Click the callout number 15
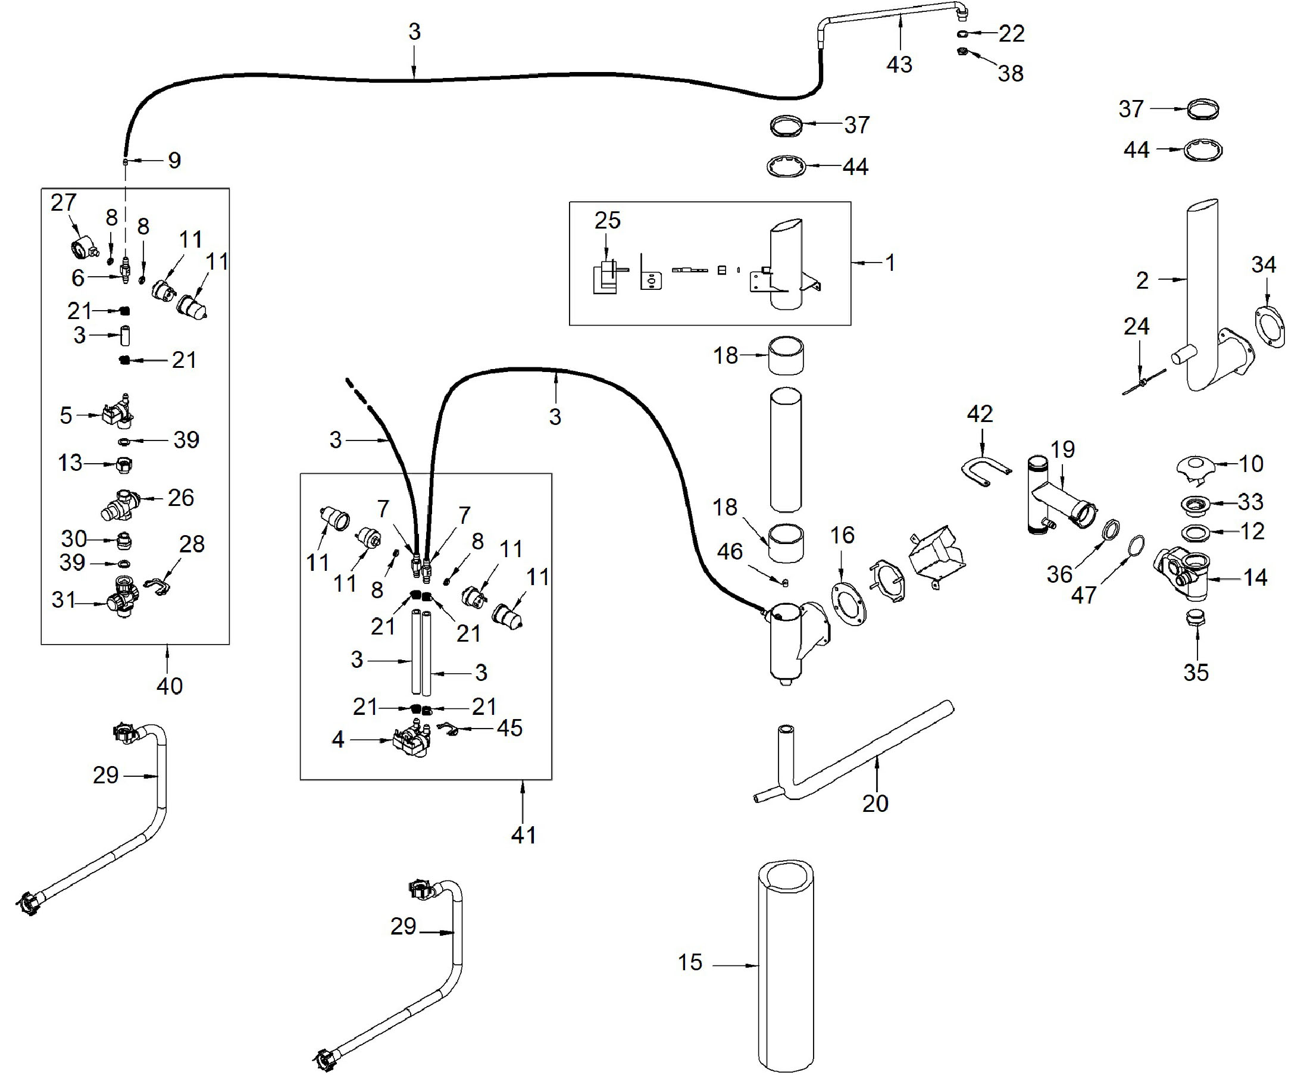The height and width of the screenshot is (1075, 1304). pos(690,962)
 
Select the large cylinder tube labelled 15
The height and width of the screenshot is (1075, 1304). pos(786,966)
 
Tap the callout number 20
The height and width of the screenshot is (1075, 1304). pos(875,803)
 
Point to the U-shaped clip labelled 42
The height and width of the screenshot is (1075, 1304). pos(985,471)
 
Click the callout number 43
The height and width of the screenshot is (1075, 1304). pos(899,64)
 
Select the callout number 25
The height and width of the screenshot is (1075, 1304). pos(607,220)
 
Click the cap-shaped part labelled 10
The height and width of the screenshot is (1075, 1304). pos(1195,466)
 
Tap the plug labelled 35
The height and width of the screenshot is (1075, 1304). pos(1196,618)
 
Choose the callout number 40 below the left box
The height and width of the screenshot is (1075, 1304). pos(169,686)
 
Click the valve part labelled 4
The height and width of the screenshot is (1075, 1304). pos(411,740)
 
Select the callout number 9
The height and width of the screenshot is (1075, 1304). pos(174,160)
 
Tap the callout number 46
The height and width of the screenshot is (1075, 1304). pos(730,551)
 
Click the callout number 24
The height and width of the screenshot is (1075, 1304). pos(1136,326)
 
